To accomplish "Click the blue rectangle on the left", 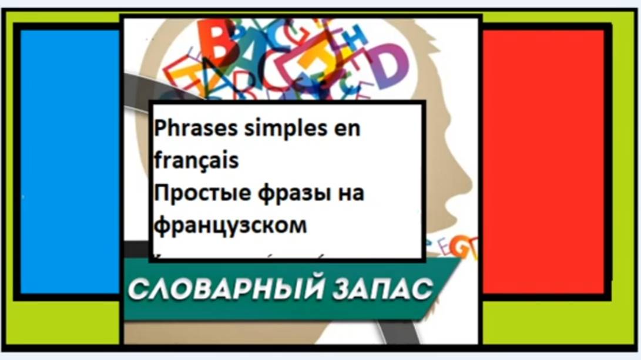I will pos(69,162).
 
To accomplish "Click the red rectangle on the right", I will pos(543,162).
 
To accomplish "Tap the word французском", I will pos(231,225).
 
